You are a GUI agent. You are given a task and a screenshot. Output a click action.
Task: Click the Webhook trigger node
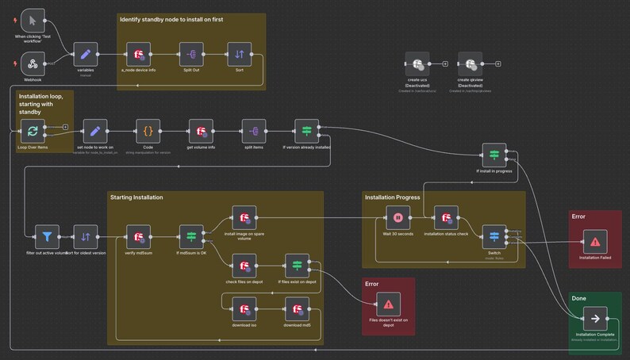coord(33,63)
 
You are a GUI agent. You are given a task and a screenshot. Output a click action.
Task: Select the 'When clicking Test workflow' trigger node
coord(33,21)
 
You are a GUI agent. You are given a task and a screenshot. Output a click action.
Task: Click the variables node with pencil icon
coord(86,55)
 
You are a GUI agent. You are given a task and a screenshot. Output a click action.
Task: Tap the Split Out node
coord(190,55)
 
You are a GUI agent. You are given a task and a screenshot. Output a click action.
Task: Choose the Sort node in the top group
coord(240,55)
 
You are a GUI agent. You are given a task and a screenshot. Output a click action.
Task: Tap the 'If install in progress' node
coord(494,155)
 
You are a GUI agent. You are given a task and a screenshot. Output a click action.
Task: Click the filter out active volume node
coord(48,236)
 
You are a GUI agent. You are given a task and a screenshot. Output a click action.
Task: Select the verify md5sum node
coord(140,236)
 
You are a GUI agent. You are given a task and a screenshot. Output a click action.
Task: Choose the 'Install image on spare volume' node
coord(244,217)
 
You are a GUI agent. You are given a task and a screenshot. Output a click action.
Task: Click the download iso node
coord(244,308)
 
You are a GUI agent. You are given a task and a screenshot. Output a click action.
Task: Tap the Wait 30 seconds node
coord(398,217)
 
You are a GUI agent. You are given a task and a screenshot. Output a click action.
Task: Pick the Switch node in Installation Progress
coord(494,236)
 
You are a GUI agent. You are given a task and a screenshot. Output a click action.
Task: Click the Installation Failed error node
coord(594,242)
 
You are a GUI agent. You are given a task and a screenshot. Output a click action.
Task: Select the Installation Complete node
coord(594,320)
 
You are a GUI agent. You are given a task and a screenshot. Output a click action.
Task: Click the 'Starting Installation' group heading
coord(136,197)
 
